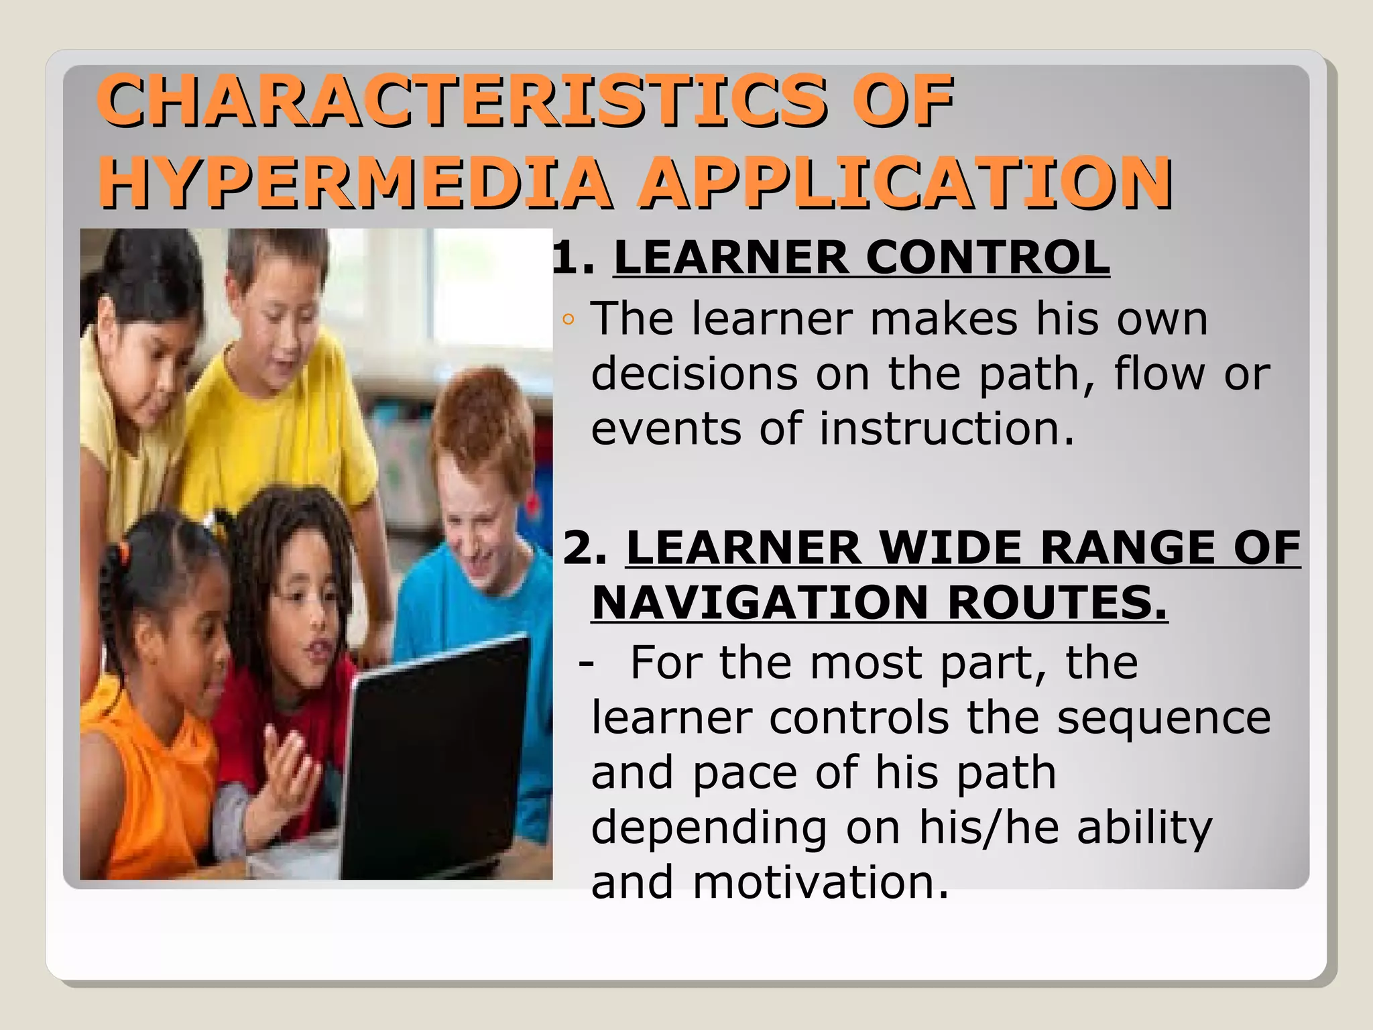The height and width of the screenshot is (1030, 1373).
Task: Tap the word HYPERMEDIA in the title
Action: point(355,182)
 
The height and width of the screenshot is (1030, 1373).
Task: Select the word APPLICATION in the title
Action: point(905,182)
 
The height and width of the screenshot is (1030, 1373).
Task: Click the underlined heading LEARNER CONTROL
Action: point(861,257)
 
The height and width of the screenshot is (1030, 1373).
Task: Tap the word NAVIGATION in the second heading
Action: point(760,603)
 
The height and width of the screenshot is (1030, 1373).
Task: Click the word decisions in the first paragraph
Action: point(694,374)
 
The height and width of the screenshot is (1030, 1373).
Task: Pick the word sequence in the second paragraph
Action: point(1163,718)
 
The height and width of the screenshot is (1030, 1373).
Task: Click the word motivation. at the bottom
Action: point(821,882)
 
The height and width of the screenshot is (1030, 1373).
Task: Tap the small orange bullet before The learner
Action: point(569,320)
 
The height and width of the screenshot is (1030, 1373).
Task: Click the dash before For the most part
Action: point(586,663)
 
